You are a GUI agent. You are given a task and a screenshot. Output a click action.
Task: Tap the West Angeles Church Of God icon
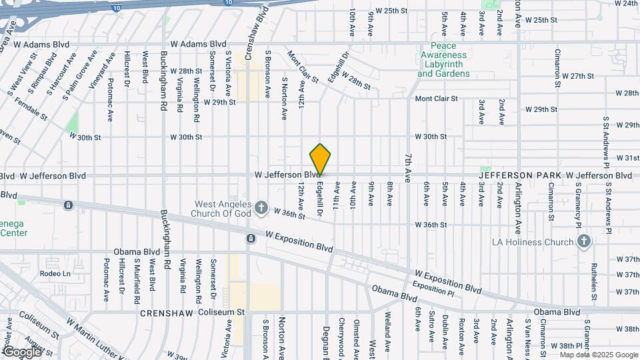pos(261,207)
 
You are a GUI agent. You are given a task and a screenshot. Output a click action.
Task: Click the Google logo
pos(22,351)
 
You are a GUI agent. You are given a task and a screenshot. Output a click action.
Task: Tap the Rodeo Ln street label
pos(55,273)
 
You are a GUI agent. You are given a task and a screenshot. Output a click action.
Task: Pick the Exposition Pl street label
pos(433,285)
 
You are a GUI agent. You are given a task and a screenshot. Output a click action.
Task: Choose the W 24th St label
pos(626,3)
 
